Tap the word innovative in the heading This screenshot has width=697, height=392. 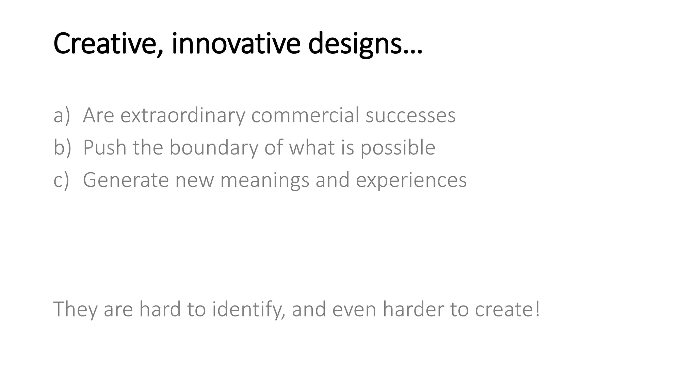click(x=236, y=44)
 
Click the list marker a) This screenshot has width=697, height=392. click(x=62, y=115)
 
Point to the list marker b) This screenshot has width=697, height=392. click(x=62, y=148)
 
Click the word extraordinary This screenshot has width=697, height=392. click(x=183, y=116)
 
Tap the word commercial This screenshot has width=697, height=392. click(x=305, y=115)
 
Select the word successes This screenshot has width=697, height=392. click(x=410, y=116)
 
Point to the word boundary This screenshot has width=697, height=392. click(x=214, y=148)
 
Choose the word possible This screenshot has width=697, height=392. click(x=398, y=148)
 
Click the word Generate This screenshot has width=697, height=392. click(x=126, y=180)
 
